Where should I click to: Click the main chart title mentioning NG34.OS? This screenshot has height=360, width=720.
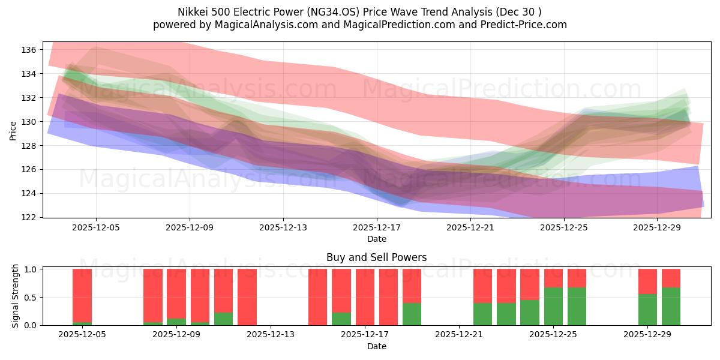360,11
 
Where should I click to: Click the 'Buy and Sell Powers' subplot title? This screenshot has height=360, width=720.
376,257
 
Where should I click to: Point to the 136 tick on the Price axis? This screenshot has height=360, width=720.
28,50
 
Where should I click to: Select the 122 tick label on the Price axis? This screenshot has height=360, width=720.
28,217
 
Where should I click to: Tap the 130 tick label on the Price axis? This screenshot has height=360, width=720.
28,122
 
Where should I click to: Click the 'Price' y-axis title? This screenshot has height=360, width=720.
13,130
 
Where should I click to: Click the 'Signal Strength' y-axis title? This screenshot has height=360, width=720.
16,296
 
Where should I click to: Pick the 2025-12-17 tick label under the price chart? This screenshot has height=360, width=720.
376,228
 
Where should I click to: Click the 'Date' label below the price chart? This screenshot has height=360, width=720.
376,239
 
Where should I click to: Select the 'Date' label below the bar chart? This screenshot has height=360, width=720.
376,346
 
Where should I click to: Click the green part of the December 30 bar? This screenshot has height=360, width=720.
671,307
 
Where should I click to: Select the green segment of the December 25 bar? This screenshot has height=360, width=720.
553,307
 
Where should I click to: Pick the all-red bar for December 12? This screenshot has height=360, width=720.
247,297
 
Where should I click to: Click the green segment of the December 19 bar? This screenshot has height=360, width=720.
412,314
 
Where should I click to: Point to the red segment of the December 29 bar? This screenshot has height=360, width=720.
647,281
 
